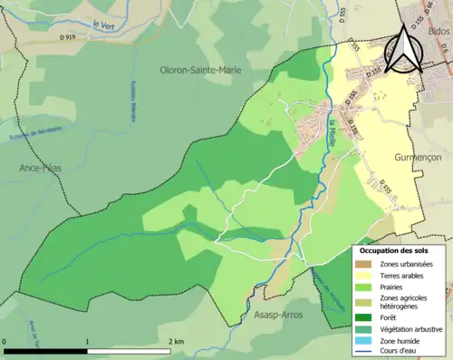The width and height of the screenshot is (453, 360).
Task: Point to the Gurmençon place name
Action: tap(418, 157)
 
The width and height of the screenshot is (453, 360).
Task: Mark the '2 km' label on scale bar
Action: tap(175, 342)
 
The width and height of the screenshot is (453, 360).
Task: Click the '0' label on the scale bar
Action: tap(5, 342)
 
